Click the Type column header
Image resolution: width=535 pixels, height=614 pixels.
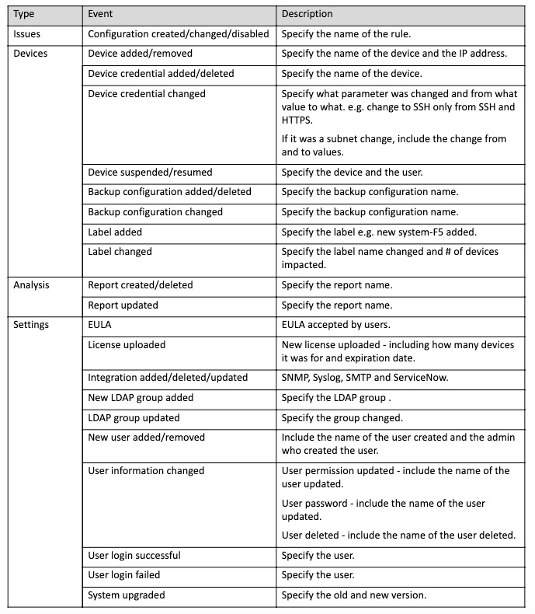24,14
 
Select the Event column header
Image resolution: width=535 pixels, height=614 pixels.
101,14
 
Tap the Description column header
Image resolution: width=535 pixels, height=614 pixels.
307,14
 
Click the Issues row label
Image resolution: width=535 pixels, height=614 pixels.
28,34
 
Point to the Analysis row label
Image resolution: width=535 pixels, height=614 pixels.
32,285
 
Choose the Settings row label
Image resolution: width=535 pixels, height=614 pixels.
31,325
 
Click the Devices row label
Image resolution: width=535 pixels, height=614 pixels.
31,54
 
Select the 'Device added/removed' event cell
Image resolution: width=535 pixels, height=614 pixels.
141,54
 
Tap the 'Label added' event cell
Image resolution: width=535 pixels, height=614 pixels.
115,232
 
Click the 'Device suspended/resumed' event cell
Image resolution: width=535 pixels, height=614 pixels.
150,172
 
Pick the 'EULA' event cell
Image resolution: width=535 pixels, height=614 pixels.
100,325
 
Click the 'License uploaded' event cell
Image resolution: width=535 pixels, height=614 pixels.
127,344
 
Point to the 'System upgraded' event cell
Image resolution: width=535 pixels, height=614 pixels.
127,595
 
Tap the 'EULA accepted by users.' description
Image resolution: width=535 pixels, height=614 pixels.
335,325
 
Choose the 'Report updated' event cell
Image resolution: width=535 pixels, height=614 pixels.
123,305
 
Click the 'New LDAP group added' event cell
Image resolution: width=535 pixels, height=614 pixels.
141,398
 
